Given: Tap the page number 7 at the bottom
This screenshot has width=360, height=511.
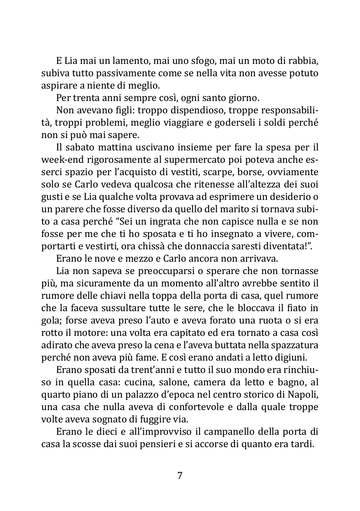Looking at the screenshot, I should [x=180, y=475].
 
